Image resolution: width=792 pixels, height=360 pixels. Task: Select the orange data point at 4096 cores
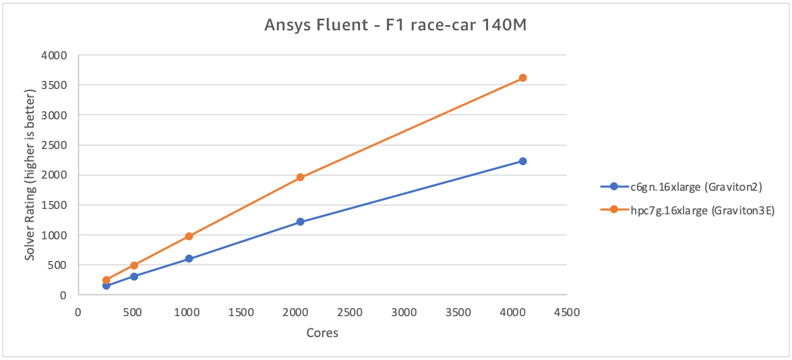click(x=522, y=78)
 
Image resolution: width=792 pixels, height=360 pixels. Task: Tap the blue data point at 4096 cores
click(x=522, y=161)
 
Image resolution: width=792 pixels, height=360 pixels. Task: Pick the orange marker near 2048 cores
click(x=301, y=177)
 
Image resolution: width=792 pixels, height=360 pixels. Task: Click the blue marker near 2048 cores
click(x=301, y=222)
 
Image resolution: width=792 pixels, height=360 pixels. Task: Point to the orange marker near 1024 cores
click(x=189, y=236)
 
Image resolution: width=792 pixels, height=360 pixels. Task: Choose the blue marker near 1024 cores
click(x=189, y=258)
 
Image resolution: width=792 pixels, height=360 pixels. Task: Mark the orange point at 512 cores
click(x=134, y=266)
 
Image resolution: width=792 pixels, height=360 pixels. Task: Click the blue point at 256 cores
click(x=106, y=285)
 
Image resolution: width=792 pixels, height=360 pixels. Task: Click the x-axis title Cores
click(x=322, y=332)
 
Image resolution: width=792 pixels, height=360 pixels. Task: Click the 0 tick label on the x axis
click(x=78, y=313)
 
